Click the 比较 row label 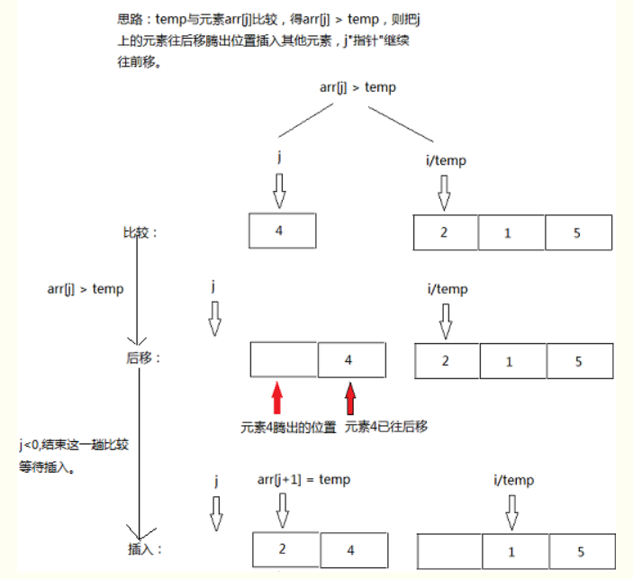[x=140, y=233]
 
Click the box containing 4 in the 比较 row [x=282, y=231]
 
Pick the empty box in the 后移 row [x=284, y=358]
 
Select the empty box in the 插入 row [x=451, y=550]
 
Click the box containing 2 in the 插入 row [x=285, y=548]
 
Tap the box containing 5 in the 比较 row [x=579, y=233]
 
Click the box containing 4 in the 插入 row [x=354, y=550]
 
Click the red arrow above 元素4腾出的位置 [x=277, y=398]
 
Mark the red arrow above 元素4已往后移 [x=350, y=398]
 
